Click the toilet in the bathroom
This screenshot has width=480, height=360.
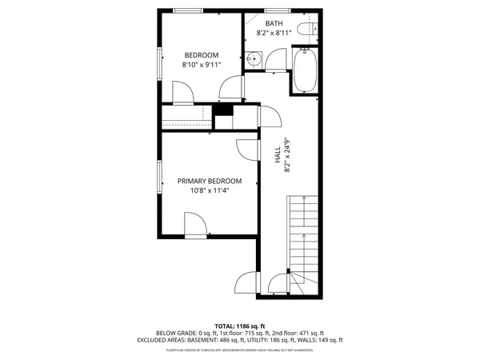coord(303,30)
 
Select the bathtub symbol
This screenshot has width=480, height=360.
coord(305,70)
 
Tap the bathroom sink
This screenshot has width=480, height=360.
coord(253,58)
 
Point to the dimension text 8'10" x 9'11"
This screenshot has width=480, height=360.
coord(201,66)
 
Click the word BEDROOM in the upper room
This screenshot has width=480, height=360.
coord(201,55)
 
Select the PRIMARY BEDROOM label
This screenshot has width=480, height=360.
coord(210,182)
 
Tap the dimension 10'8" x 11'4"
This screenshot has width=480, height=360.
coord(210,191)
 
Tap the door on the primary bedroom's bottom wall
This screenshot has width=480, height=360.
coord(196,224)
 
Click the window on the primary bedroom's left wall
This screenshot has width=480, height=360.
coord(159,180)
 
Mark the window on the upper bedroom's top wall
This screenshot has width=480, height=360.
coord(188,10)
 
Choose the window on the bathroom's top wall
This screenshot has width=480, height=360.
coord(277,10)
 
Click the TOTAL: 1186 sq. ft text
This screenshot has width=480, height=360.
coord(240,326)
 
